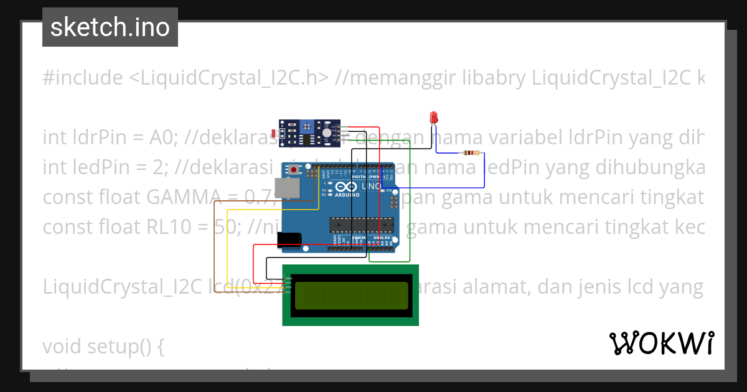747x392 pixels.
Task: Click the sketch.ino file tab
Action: (x=110, y=27)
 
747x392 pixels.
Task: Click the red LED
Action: (x=434, y=118)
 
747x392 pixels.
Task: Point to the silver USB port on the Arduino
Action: (x=287, y=187)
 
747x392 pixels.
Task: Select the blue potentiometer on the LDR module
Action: (x=307, y=127)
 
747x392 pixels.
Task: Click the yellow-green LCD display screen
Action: (x=350, y=295)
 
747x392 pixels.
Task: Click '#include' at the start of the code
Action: (x=83, y=78)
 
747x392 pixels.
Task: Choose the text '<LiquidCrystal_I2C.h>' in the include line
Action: (x=228, y=78)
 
